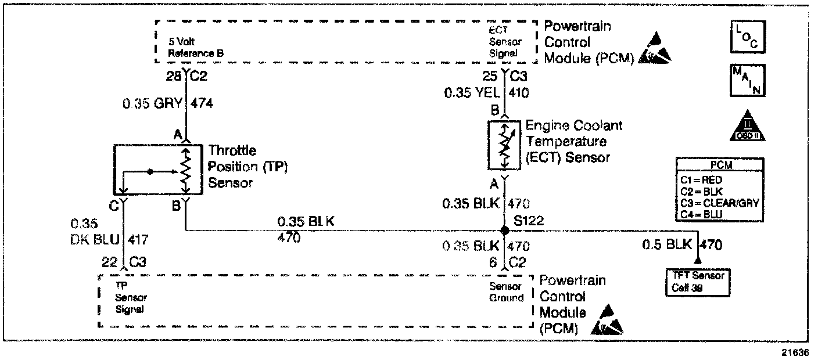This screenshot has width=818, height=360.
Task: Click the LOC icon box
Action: (x=748, y=37)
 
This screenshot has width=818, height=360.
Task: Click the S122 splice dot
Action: (x=504, y=231)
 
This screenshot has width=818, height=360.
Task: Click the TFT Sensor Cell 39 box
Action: (x=697, y=282)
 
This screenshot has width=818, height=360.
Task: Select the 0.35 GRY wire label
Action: (x=152, y=104)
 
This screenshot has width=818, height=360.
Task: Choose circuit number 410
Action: (x=519, y=93)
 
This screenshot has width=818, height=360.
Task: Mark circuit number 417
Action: (x=139, y=238)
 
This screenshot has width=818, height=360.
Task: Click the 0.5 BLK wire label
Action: (x=668, y=245)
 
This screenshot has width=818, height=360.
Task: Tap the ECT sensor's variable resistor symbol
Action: (x=504, y=145)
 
